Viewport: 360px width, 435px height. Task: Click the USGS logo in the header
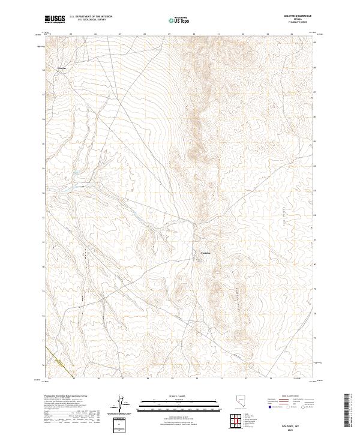(55, 19)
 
